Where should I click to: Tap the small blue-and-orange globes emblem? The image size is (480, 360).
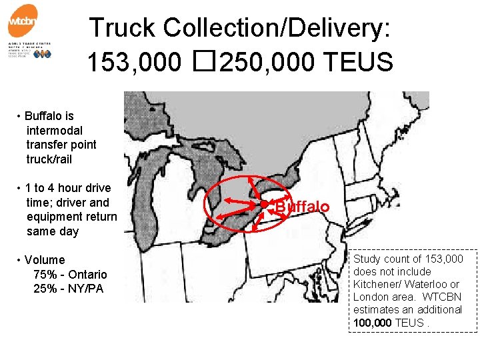coord(42,54)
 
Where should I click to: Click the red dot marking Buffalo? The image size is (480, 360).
coord(264,203)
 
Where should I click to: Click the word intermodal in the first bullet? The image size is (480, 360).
coord(54,131)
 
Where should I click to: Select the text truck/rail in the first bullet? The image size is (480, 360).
coord(49,159)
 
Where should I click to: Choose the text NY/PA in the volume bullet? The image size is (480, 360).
coord(85,289)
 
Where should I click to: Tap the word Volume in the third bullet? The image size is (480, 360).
coord(45,260)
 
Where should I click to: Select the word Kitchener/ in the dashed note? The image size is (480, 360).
coord(376,284)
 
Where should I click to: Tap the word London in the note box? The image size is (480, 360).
coord(369,297)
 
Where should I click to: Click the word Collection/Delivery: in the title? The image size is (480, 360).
coord(277,28)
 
